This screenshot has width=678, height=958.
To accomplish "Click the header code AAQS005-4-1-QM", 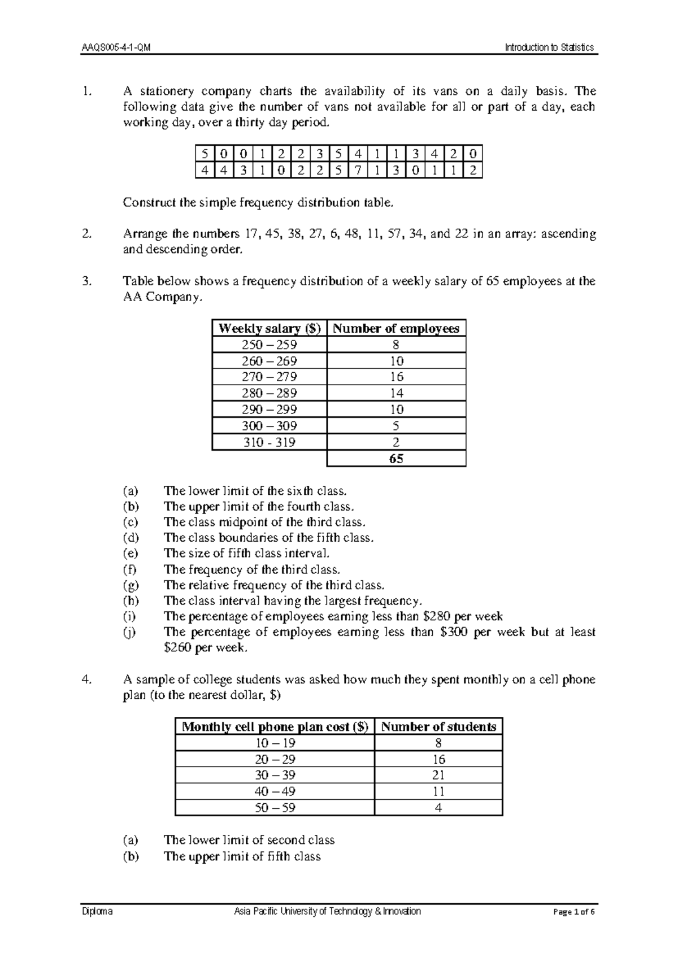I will [x=116, y=47].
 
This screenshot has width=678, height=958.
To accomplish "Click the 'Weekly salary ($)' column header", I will [x=270, y=329].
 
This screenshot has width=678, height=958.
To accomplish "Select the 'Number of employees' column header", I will [x=396, y=329].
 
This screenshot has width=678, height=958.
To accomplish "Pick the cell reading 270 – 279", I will [x=270, y=377].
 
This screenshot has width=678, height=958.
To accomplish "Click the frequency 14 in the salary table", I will [x=396, y=393].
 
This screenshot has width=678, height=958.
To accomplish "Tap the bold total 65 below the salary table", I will [x=396, y=459].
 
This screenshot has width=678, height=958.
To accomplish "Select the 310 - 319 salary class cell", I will [x=270, y=442].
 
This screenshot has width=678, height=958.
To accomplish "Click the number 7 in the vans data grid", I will [x=358, y=171].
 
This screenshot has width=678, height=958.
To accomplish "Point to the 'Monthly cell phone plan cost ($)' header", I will [x=275, y=727].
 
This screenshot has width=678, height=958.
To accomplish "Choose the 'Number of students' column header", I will [x=438, y=727].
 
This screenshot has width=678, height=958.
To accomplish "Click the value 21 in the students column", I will [x=438, y=775].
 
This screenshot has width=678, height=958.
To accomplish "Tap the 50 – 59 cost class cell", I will [x=275, y=808].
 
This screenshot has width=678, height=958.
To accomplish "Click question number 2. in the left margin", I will [x=86, y=234].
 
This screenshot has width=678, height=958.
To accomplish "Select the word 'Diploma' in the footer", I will [x=97, y=912].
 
